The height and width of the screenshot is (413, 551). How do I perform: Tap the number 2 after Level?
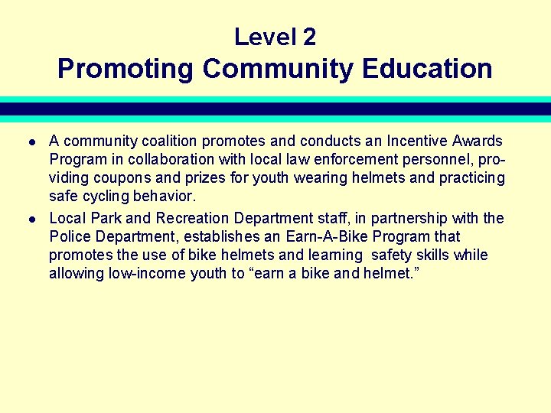(x=308, y=37)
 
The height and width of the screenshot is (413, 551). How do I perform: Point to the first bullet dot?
(x=31, y=142)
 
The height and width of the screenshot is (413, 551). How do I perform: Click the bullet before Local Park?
(x=31, y=220)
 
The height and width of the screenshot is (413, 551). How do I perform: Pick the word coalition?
(x=166, y=141)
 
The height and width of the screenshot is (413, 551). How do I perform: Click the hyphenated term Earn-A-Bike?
(x=327, y=236)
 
